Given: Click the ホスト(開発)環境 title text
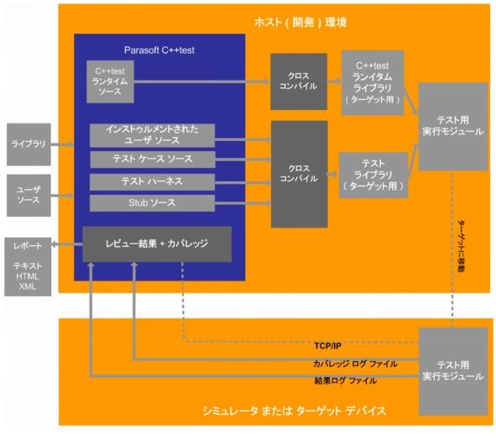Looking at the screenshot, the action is (300, 23).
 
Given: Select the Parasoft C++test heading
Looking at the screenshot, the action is (159, 50).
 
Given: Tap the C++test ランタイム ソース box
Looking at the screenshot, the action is (110, 81).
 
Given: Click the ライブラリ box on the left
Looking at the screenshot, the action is (29, 144).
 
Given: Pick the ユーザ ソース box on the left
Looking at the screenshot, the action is (29, 196).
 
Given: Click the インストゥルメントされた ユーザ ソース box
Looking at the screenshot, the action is (152, 135).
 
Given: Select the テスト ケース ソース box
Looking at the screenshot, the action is (153, 160).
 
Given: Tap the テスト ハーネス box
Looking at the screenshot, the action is (152, 181).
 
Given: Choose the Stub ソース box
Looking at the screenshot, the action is (152, 203).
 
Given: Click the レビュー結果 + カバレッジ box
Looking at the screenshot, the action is (157, 244).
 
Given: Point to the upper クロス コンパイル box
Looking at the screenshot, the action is (299, 81).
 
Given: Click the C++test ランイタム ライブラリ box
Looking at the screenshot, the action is (373, 82).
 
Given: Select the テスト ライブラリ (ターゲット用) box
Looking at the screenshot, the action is (373, 175).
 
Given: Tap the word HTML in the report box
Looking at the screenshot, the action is (28, 276).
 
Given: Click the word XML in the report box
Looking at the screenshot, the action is (28, 286).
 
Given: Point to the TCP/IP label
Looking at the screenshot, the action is (327, 346).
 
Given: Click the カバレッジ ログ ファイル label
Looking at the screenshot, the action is (355, 364).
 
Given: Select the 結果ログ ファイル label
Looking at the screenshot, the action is (346, 380).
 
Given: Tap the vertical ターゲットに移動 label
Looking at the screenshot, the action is (462, 247).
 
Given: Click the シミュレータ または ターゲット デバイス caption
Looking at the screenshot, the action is (295, 411).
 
